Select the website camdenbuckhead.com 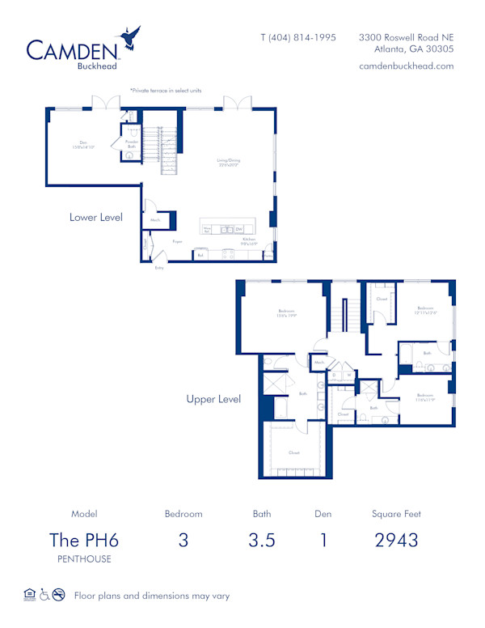pyautogui.click(x=406, y=66)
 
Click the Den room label pyautogui.click(x=83, y=146)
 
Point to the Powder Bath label pyautogui.click(x=132, y=143)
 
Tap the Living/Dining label pyautogui.click(x=228, y=161)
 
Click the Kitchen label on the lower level pyautogui.click(x=250, y=240)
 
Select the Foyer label pyautogui.click(x=177, y=241)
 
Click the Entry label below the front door pyautogui.click(x=159, y=267)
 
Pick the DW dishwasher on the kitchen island pyautogui.click(x=239, y=230)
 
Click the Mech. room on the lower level pyautogui.click(x=154, y=220)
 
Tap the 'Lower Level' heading pyautogui.click(x=95, y=217)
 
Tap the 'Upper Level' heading pyautogui.click(x=213, y=399)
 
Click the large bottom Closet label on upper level pyautogui.click(x=294, y=452)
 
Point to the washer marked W pyautogui.click(x=348, y=375)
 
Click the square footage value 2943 pyautogui.click(x=396, y=540)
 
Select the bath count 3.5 pyautogui.click(x=261, y=540)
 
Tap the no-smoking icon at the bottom pyautogui.click(x=59, y=595)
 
